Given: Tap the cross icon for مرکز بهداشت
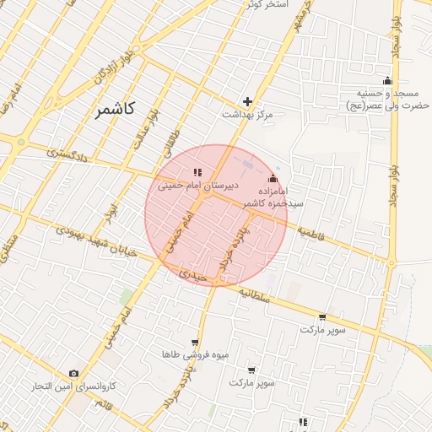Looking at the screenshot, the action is (247, 100).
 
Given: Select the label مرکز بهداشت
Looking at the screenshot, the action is (248, 113).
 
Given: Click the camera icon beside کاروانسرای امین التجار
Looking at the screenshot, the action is (73, 373).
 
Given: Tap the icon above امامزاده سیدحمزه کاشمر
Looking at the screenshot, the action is (272, 180).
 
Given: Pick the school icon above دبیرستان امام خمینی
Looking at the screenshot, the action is (197, 172).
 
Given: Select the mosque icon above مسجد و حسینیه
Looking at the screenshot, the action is (387, 81).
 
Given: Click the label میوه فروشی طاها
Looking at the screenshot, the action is (196, 355).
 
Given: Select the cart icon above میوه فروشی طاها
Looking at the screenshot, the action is (196, 343).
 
